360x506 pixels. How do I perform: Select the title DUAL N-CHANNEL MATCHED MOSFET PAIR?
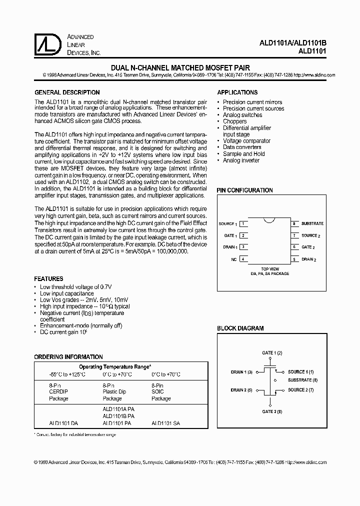[179, 67]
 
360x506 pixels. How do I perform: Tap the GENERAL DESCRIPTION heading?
[66, 92]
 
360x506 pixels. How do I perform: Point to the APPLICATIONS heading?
[237, 92]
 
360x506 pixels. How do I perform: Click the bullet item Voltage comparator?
[246, 141]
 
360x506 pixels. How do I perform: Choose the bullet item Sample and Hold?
[243, 154]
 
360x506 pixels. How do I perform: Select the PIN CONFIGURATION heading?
[244, 190]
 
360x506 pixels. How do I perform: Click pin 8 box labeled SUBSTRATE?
[294, 223]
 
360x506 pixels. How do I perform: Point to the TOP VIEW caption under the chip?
[269, 269]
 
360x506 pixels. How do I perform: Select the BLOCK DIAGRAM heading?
[240, 328]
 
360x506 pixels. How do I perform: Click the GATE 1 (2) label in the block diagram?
[272, 353]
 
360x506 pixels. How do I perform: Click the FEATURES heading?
[48, 278]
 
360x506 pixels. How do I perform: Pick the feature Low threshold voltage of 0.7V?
[75, 287]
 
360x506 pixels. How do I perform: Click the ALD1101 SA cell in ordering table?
[165, 423]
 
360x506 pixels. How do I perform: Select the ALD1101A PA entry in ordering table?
[118, 408]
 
